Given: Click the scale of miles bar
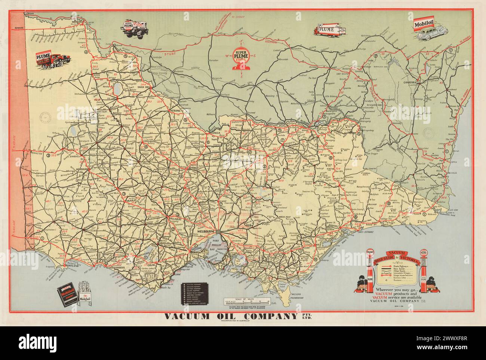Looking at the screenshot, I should click(246, 301).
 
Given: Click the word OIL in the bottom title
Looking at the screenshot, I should click(237, 317).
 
